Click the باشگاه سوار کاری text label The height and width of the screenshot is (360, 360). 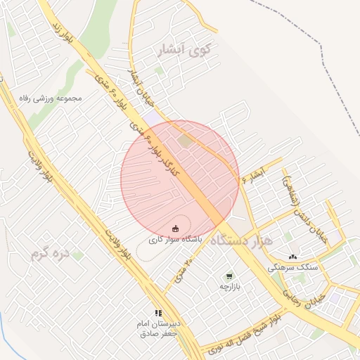(x=175, y=240)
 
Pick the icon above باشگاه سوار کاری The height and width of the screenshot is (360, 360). (x=175, y=228)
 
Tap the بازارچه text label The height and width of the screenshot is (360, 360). (x=229, y=287)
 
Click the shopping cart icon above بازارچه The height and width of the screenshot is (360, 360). (x=229, y=276)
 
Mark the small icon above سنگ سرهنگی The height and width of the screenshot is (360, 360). (x=292, y=257)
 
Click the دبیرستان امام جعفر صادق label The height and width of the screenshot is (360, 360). (x=158, y=329)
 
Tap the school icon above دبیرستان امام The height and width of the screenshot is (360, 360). (x=158, y=313)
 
